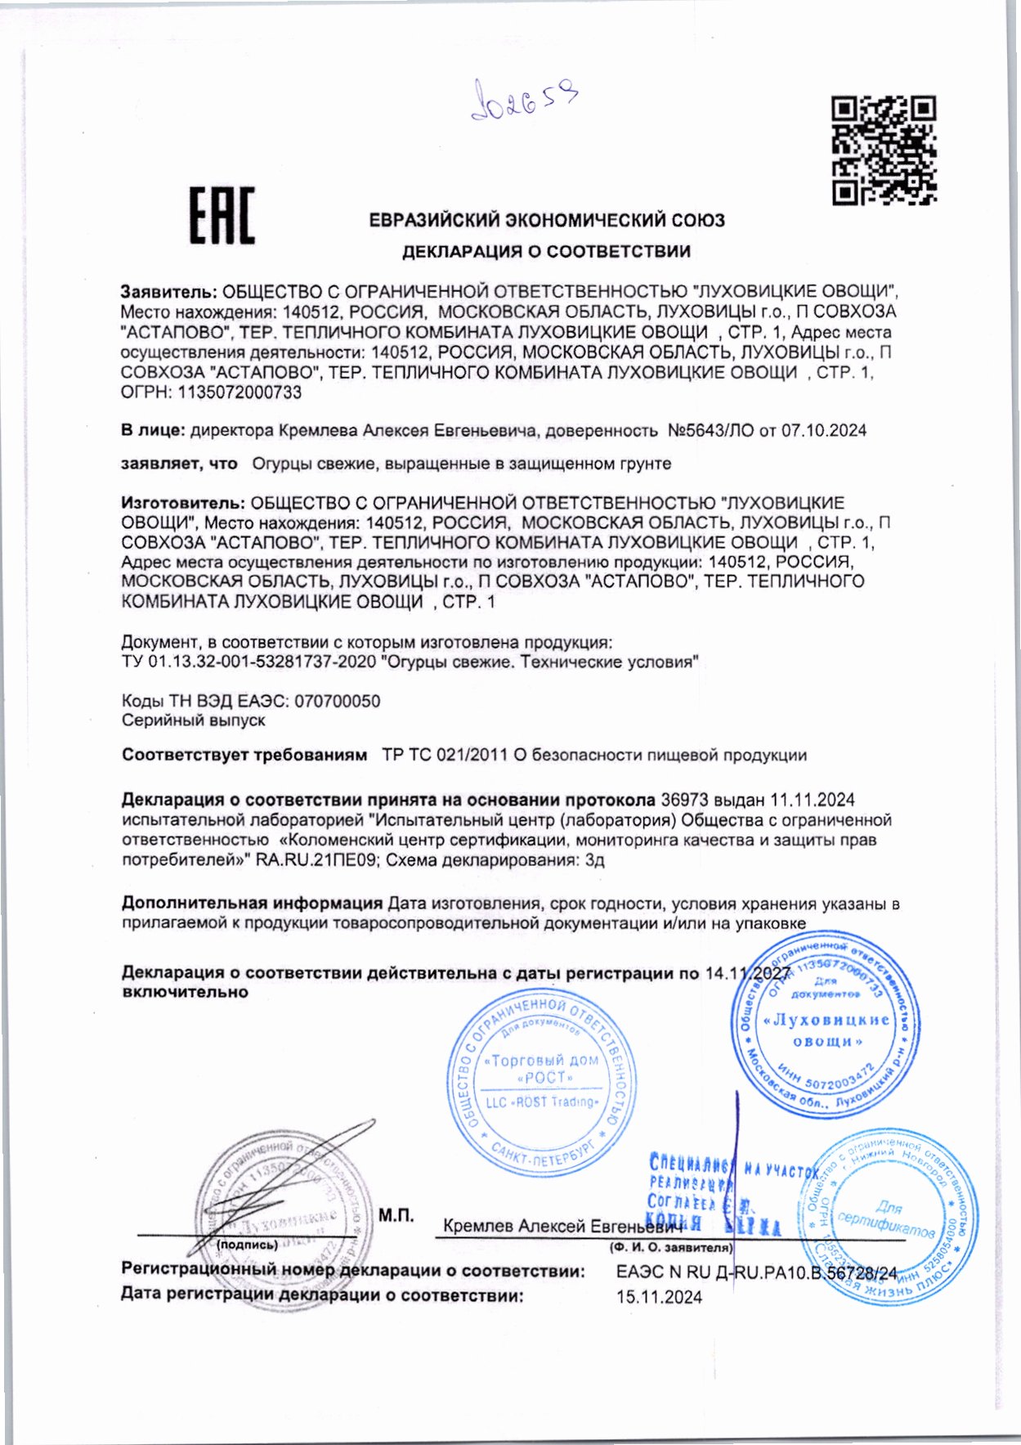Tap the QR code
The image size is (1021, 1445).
[884, 150]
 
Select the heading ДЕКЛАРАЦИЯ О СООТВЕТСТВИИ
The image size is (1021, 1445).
[546, 252]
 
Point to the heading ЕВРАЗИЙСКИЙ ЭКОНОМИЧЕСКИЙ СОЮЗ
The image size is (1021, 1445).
[546, 221]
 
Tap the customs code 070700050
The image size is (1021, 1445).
[337, 702]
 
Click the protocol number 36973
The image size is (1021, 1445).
[683, 800]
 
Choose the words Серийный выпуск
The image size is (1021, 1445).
[193, 721]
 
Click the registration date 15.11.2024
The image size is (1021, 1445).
[659, 1298]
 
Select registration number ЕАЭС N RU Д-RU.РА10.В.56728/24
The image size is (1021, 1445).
[756, 1273]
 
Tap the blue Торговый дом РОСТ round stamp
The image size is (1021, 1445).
[542, 1084]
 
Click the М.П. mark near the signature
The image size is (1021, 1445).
[396, 1215]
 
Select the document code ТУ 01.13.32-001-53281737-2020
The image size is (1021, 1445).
[249, 662]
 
